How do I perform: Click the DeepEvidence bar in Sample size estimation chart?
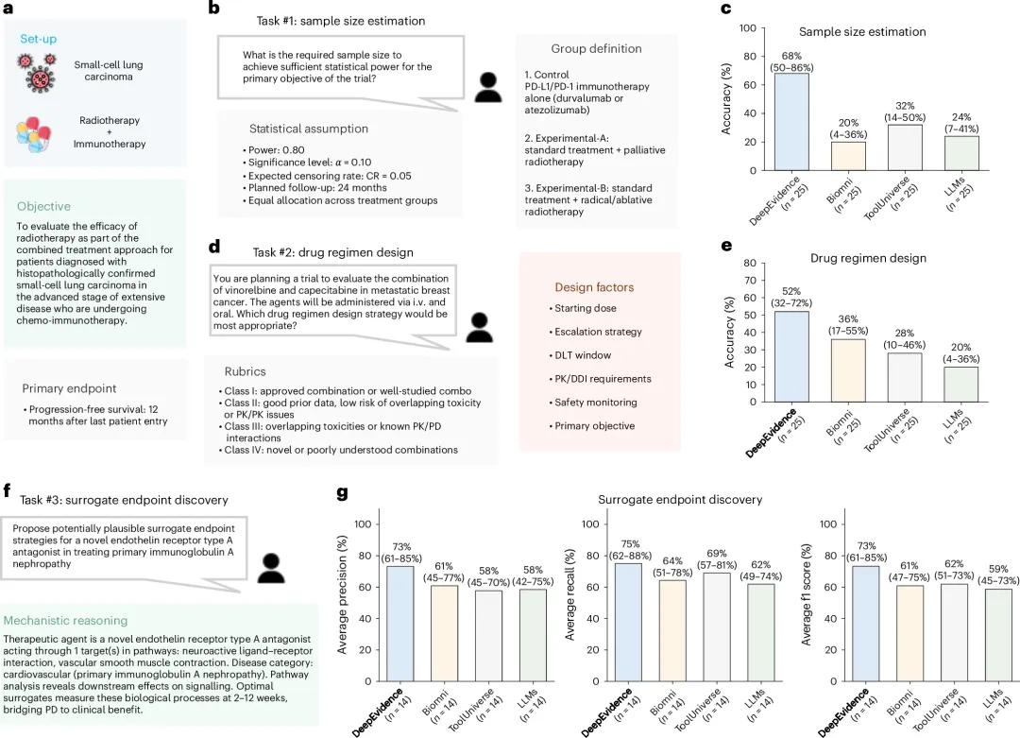click(x=791, y=122)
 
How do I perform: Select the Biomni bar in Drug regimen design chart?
click(x=848, y=370)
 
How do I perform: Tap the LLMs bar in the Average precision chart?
click(x=533, y=635)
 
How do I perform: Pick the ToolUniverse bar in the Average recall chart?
click(x=717, y=626)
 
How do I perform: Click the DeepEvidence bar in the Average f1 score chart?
click(x=866, y=624)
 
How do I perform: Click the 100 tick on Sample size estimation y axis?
click(x=747, y=28)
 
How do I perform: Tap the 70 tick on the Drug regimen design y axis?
click(x=749, y=281)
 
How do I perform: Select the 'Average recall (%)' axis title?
click(x=569, y=594)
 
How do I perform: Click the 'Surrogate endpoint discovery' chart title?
click(x=680, y=499)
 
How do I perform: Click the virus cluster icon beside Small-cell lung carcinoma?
click(x=37, y=72)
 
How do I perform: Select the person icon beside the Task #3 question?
click(x=271, y=568)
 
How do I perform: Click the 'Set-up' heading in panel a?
click(x=39, y=39)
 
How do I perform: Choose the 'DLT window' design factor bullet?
click(x=580, y=355)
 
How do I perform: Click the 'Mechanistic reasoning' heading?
click(x=66, y=621)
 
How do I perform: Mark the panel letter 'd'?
click(x=214, y=247)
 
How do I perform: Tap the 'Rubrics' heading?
click(x=246, y=371)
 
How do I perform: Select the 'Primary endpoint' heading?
click(x=69, y=388)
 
